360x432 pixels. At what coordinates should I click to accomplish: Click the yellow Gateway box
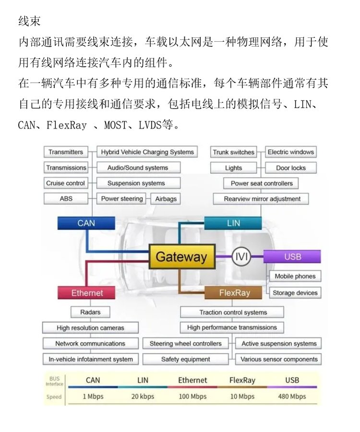click(x=181, y=257)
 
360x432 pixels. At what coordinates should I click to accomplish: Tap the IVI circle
click(x=241, y=256)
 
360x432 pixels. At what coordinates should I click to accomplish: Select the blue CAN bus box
click(x=86, y=223)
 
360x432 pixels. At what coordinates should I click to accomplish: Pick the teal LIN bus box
click(x=233, y=223)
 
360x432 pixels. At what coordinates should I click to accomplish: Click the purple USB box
click(x=292, y=257)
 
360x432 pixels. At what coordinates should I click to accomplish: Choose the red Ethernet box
click(x=87, y=293)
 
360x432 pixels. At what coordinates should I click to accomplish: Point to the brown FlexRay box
click(x=234, y=293)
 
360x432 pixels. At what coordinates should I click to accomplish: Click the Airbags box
click(x=166, y=199)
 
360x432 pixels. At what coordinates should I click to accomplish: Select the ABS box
click(x=66, y=199)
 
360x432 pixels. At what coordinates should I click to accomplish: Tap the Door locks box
click(x=290, y=168)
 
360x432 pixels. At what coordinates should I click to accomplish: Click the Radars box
click(x=90, y=312)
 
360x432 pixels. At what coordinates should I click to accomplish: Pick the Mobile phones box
click(x=295, y=276)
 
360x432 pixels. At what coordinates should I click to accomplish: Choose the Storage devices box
click(x=295, y=293)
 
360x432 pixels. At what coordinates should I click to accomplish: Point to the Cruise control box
click(x=65, y=183)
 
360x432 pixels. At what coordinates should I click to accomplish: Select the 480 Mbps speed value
click(x=292, y=396)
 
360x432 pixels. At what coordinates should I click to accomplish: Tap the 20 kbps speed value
click(x=143, y=396)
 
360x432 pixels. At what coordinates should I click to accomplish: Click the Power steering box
click(x=122, y=199)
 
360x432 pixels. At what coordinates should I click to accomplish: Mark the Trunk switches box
click(x=233, y=152)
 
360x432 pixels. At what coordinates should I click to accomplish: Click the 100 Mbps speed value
click(x=192, y=396)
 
